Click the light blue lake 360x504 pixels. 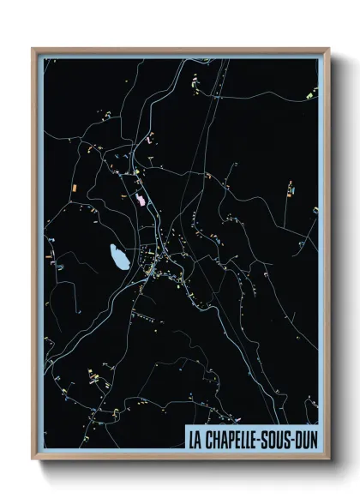click(118, 255)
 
